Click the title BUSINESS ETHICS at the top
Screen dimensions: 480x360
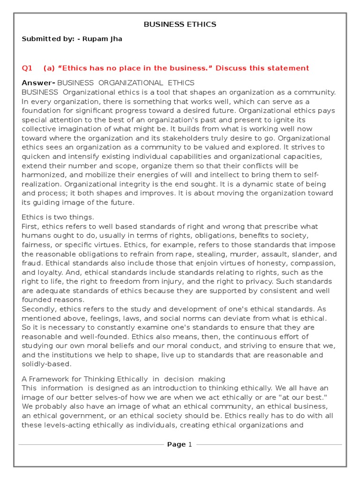click(x=180, y=24)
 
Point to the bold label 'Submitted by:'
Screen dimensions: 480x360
click(x=48, y=39)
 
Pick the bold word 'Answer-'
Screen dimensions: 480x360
click(x=38, y=83)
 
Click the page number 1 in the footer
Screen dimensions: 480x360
click(x=190, y=444)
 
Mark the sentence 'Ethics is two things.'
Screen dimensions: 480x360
click(x=58, y=217)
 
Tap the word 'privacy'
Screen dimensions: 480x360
click(x=260, y=281)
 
